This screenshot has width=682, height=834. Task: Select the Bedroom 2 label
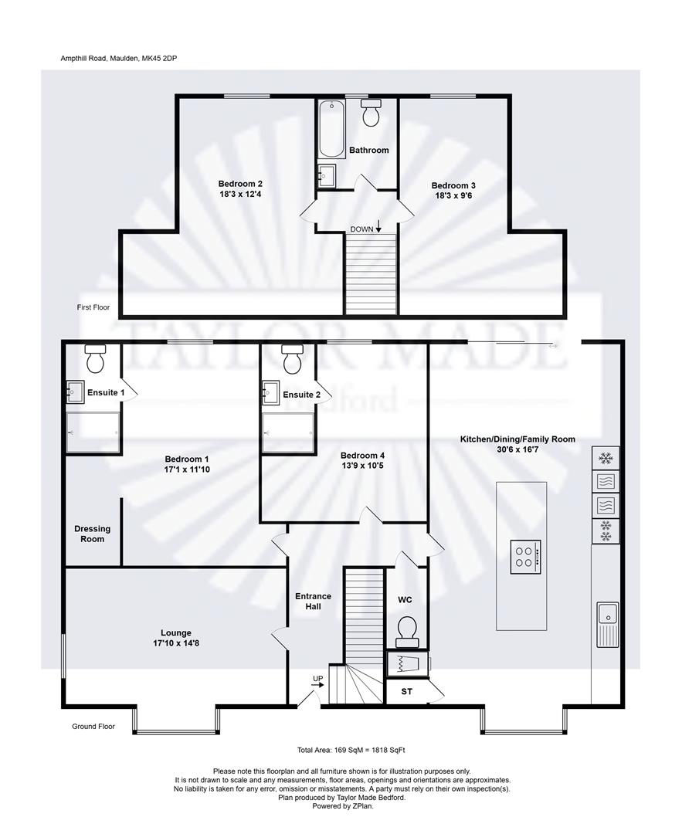pos(240,184)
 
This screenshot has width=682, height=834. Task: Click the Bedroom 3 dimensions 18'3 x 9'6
pos(453,197)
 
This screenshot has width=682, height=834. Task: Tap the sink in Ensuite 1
pos(75,393)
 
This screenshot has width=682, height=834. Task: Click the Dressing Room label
pos(92,534)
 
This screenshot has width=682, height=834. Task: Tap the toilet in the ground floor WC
pos(406,630)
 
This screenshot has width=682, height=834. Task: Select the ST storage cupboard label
pos(406,692)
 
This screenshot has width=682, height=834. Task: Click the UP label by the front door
pos(317,679)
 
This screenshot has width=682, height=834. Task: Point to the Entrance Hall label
pos(313,602)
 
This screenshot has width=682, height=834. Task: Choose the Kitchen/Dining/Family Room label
pos(517,439)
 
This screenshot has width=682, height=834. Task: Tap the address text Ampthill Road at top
pos(124,58)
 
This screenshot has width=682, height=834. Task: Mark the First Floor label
pos(93,307)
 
